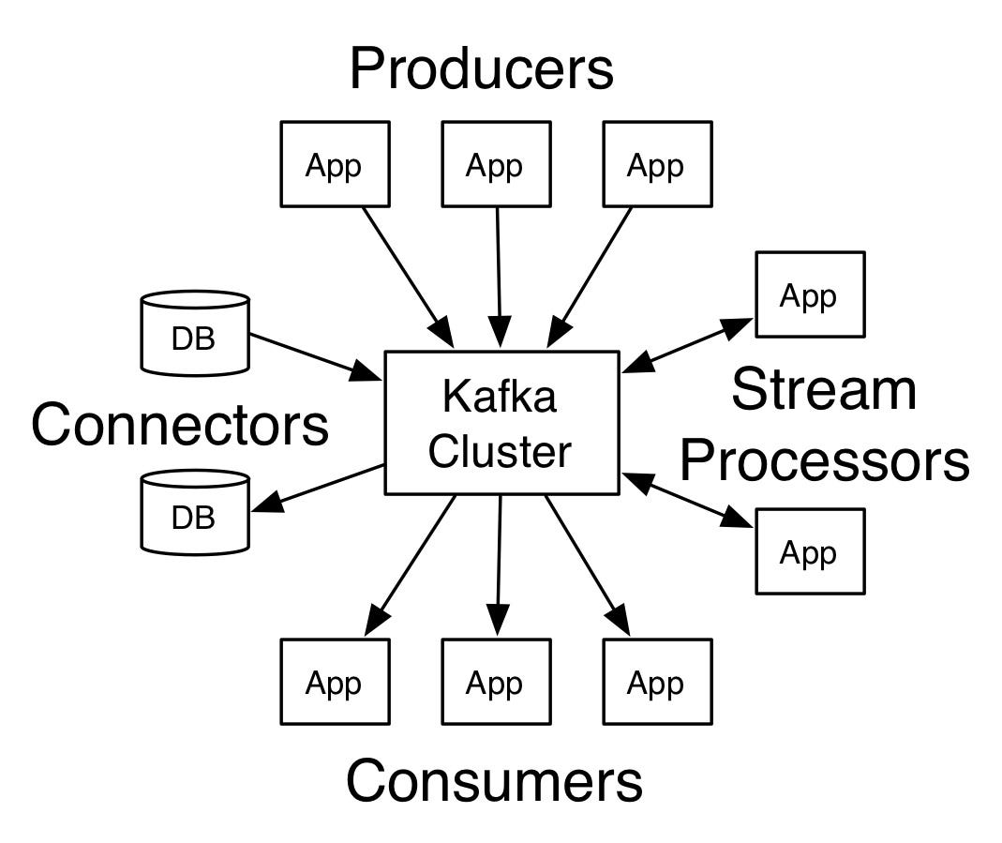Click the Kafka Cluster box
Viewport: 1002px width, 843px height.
pos(501,423)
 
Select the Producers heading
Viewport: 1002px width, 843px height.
pos(481,69)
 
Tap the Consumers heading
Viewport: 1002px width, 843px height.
pos(494,781)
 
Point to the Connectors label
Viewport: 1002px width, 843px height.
pos(180,424)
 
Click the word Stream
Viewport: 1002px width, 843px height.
pos(823,389)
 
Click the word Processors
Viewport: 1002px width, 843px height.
pos(824,460)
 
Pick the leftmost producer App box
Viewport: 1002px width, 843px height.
pos(335,164)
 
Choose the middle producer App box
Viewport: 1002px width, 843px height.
pos(496,164)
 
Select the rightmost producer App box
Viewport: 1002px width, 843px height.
pos(657,164)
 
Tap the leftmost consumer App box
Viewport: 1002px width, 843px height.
pos(335,682)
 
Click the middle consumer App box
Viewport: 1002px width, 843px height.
pos(496,682)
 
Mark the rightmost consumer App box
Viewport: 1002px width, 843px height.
pos(657,682)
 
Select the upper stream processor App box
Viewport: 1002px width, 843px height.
pos(810,294)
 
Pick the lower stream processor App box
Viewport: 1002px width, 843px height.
pos(810,551)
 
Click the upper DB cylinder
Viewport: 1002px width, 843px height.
pos(195,332)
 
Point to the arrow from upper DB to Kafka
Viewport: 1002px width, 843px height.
pos(314,356)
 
